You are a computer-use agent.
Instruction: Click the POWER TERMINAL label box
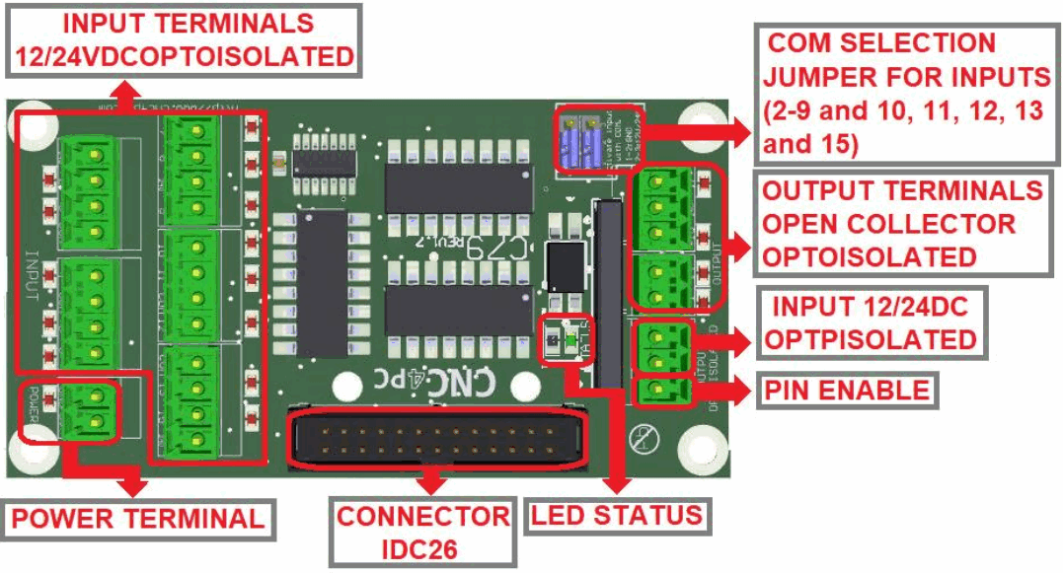[138, 519]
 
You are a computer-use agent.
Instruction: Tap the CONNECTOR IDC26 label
[422, 532]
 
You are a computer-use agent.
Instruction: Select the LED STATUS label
[617, 514]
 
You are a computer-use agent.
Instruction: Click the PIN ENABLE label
[847, 391]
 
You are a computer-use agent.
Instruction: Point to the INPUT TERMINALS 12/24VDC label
[184, 40]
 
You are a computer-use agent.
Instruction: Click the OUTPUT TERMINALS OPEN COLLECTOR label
[902, 223]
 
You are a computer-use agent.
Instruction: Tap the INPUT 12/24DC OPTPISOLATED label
[870, 323]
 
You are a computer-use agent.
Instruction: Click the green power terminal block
[91, 409]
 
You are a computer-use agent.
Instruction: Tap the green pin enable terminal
[654, 393]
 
